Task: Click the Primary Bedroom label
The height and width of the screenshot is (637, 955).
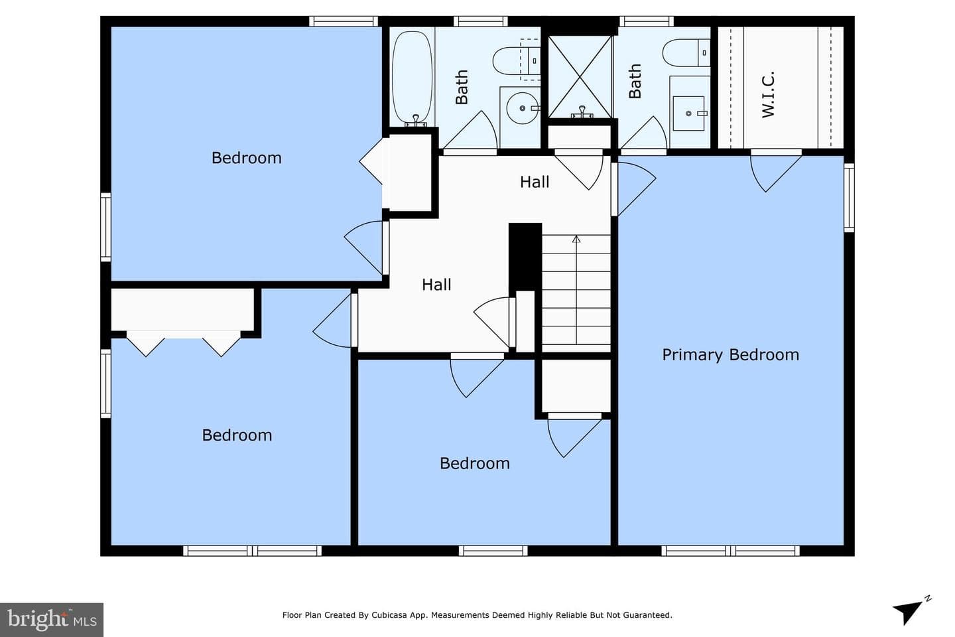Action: click(x=730, y=355)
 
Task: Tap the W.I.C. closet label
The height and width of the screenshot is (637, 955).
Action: click(x=768, y=95)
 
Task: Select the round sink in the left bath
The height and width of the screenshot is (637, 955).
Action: click(x=523, y=108)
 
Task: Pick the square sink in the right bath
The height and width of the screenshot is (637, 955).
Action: click(x=688, y=113)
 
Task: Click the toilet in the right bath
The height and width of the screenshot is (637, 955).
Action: click(x=686, y=53)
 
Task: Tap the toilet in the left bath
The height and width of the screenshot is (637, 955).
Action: click(x=516, y=61)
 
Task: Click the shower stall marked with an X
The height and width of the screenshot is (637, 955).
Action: click(x=580, y=77)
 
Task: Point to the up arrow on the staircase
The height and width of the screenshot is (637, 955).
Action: click(x=576, y=290)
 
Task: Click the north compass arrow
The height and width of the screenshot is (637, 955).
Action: click(x=908, y=612)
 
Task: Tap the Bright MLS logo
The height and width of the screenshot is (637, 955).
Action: click(x=52, y=620)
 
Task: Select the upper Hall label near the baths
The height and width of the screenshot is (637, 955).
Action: click(x=535, y=182)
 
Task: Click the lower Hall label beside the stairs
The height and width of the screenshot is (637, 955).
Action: click(x=436, y=285)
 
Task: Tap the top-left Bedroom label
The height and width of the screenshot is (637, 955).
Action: click(x=247, y=158)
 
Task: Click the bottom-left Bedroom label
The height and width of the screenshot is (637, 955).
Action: click(x=237, y=435)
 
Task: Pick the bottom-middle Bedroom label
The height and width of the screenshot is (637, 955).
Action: click(x=475, y=463)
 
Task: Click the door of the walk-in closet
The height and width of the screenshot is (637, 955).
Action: click(x=776, y=171)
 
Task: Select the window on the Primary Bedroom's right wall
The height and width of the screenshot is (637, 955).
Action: click(x=850, y=198)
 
